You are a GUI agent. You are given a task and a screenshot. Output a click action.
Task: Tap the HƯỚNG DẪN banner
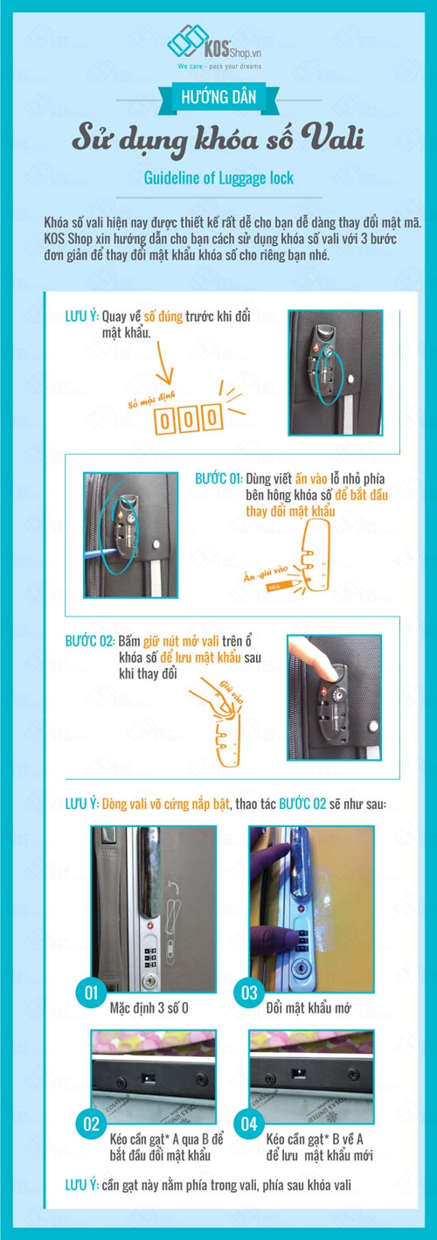(x=219, y=99)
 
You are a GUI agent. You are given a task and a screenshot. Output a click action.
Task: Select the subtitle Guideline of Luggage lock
(x=218, y=178)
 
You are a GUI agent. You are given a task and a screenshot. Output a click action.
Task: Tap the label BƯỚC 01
(x=218, y=478)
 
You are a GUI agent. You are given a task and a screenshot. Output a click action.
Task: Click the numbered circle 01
(x=88, y=993)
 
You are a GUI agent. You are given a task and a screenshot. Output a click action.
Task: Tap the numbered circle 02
(x=88, y=1124)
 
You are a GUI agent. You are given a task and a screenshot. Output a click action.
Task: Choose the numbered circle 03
(x=249, y=993)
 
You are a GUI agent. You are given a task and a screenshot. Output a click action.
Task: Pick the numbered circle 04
(x=249, y=1124)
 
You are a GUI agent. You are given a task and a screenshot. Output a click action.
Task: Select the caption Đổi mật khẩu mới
(x=309, y=1007)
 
